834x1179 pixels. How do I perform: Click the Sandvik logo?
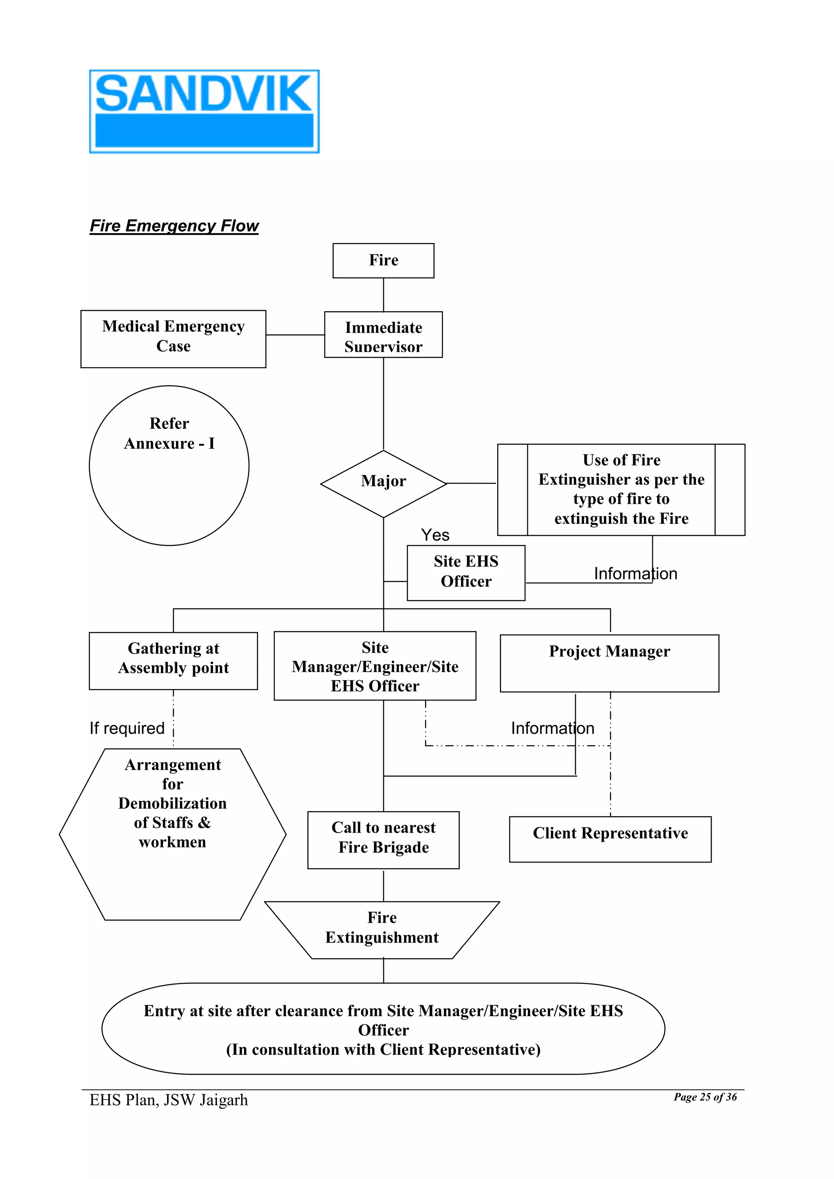pos(204,112)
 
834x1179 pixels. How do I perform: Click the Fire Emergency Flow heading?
pos(174,226)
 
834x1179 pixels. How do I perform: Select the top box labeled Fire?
pos(383,260)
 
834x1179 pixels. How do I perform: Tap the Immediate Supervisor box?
pos(383,335)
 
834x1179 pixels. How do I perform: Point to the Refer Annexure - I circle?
pos(169,465)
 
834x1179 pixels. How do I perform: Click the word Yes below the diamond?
pos(435,535)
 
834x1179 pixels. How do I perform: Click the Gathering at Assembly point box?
pos(173,661)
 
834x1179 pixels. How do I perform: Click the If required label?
pos(127,728)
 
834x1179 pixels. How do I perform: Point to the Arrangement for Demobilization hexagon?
pos(173,834)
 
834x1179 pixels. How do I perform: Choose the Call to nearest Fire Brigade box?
pos(383,840)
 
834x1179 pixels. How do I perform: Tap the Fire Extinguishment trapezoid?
pos(382,930)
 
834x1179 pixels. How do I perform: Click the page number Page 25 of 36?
pos(705,1097)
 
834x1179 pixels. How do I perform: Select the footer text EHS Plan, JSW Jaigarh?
pos(169,1100)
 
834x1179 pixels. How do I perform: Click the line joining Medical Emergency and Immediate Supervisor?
pos(295,335)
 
